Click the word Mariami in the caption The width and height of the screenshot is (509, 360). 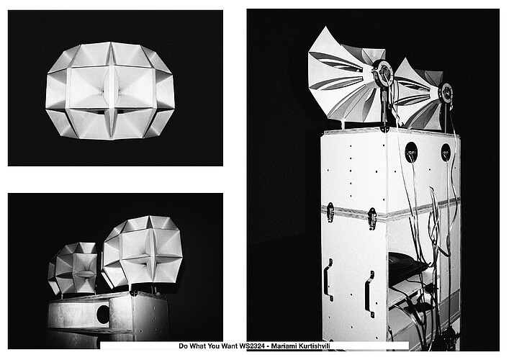tap(284, 346)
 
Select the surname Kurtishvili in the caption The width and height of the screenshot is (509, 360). tap(314, 346)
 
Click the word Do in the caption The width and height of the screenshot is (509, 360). tap(183, 346)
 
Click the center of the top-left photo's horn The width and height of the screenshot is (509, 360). tap(110, 91)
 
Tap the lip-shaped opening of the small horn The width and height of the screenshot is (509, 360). tap(86, 274)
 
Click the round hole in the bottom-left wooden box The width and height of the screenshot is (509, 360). tap(103, 314)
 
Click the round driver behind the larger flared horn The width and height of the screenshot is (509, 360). tap(382, 73)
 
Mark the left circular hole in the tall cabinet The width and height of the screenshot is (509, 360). tap(411, 152)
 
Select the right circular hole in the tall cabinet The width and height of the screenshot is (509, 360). tap(446, 152)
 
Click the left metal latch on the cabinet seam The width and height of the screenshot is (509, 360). tap(330, 212)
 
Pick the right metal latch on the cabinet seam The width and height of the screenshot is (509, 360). tap(372, 218)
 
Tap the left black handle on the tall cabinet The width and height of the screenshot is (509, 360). tap(329, 280)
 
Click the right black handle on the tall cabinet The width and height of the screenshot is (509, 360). tap(370, 294)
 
